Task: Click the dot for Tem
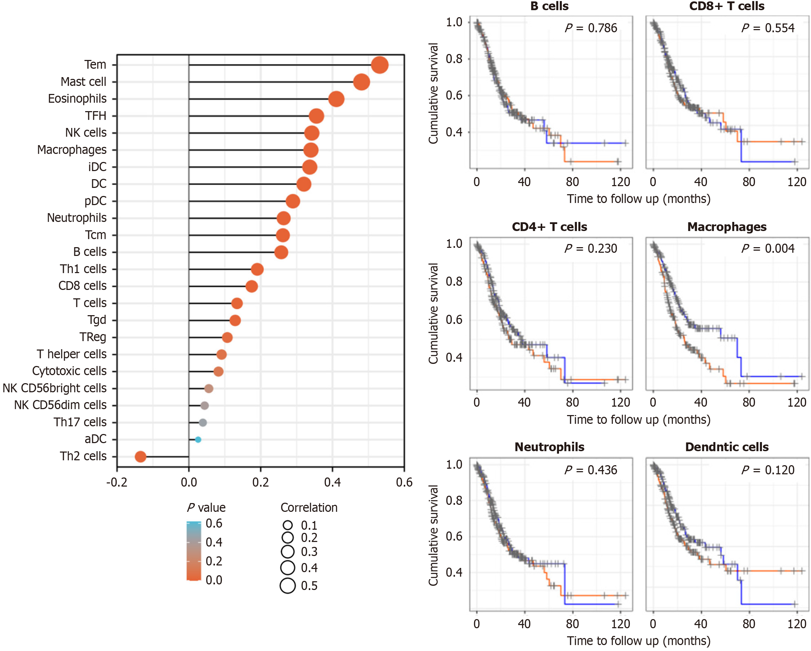pyautogui.click(x=380, y=65)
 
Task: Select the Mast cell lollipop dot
pyautogui.click(x=361, y=82)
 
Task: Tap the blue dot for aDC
pyautogui.click(x=198, y=440)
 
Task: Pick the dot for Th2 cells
pyautogui.click(x=140, y=456)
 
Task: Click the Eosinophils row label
pyautogui.click(x=77, y=99)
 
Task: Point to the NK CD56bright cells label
pyautogui.click(x=55, y=388)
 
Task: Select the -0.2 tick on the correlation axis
pyautogui.click(x=117, y=482)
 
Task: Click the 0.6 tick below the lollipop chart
pyautogui.click(x=404, y=482)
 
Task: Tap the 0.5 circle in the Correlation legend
pyautogui.click(x=288, y=585)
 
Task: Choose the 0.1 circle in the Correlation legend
pyautogui.click(x=288, y=525)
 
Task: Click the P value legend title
pyautogui.click(x=206, y=508)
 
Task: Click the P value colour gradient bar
pyautogui.click(x=194, y=551)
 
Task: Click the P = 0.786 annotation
pyautogui.click(x=591, y=28)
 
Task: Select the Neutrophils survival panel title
pyautogui.click(x=549, y=447)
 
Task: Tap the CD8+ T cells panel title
pyautogui.click(x=727, y=6)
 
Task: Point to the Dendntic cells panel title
pyautogui.click(x=727, y=447)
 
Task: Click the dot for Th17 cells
pyautogui.click(x=203, y=422)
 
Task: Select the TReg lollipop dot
pyautogui.click(x=227, y=337)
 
